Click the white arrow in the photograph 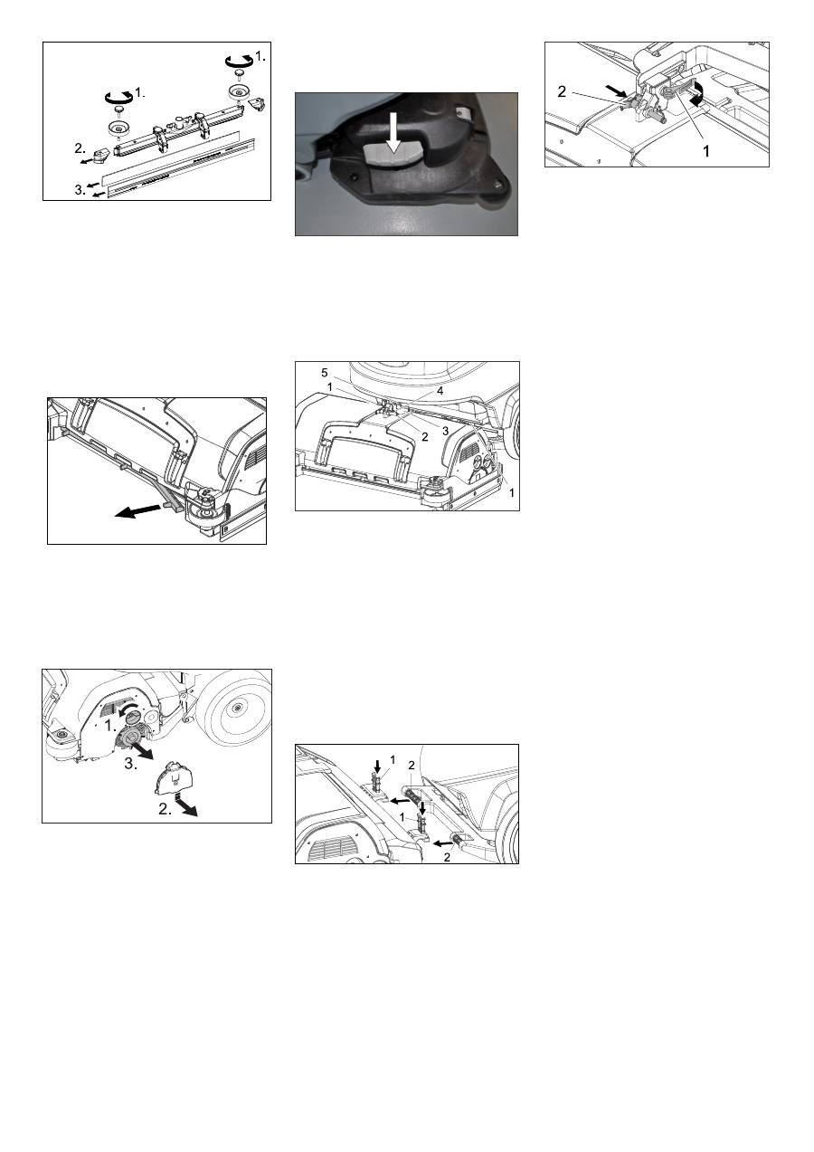(x=393, y=134)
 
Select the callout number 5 (x=325, y=372)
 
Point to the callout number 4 (x=440, y=391)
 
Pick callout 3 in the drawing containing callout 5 (x=445, y=431)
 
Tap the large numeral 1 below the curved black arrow (x=706, y=151)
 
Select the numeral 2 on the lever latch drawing (x=562, y=91)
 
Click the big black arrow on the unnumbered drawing (x=137, y=510)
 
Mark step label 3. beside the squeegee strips (x=80, y=190)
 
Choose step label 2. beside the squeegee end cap (x=80, y=148)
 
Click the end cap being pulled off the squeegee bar (x=100, y=154)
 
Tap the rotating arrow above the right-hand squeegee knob (x=239, y=60)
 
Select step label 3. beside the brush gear (x=131, y=764)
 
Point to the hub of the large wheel (x=236, y=709)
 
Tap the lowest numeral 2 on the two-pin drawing (x=447, y=857)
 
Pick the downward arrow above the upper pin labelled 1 (x=378, y=766)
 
